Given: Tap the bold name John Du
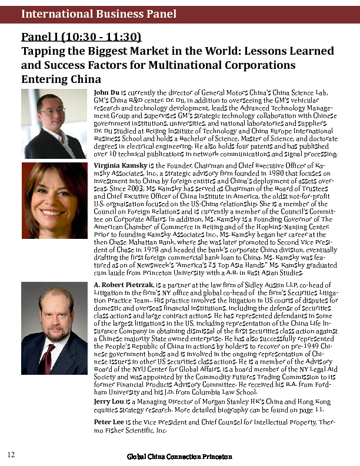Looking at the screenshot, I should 106,93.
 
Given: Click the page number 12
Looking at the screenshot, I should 11,454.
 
